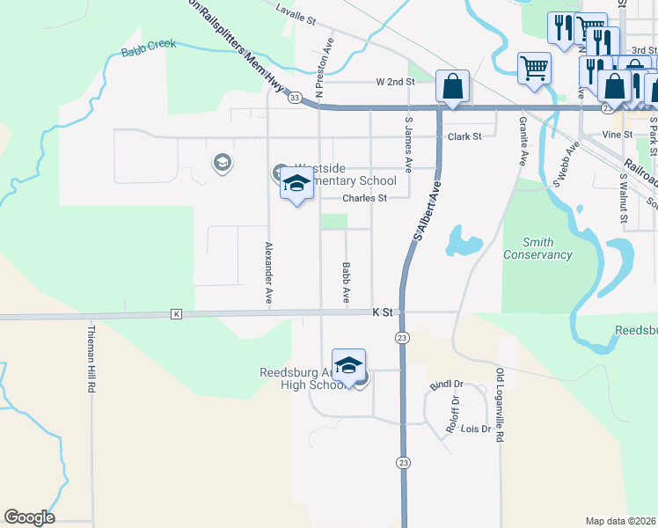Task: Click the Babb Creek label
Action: [149, 48]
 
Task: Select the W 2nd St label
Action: [395, 82]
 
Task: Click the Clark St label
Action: [464, 137]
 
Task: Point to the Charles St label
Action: [364, 199]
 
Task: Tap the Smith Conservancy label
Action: [537, 249]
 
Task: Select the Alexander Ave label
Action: [268, 273]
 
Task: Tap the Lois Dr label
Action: [475, 429]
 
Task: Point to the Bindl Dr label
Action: [446, 384]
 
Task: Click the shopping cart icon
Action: [535, 68]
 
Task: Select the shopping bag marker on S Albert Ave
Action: [452, 86]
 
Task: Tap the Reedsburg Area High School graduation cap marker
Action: [349, 365]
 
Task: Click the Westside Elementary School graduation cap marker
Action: [296, 185]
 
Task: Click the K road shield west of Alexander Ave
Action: [177, 314]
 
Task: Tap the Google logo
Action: [29, 517]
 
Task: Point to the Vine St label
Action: [617, 135]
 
